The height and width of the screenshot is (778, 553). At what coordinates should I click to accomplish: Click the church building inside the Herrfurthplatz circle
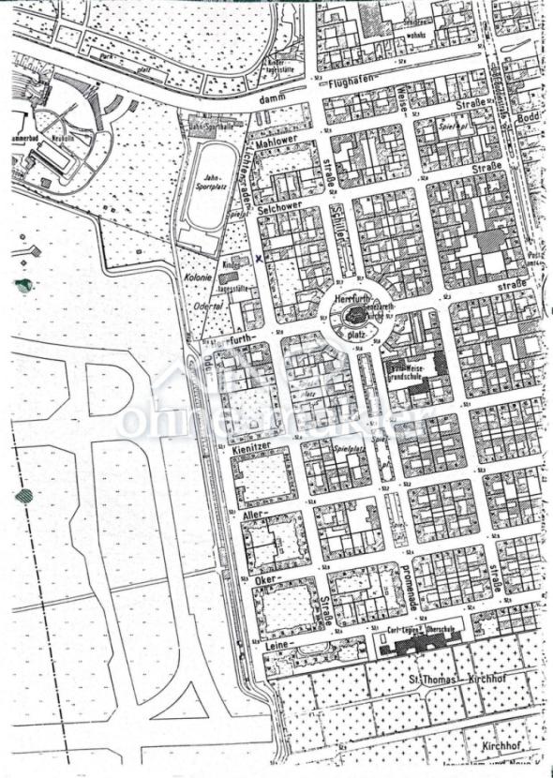(354, 317)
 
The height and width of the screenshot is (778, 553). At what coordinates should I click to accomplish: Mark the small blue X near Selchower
(259, 256)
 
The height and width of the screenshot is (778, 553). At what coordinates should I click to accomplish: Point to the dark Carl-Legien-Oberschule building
(411, 646)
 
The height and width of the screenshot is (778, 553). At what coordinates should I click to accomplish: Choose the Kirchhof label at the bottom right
(495, 746)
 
